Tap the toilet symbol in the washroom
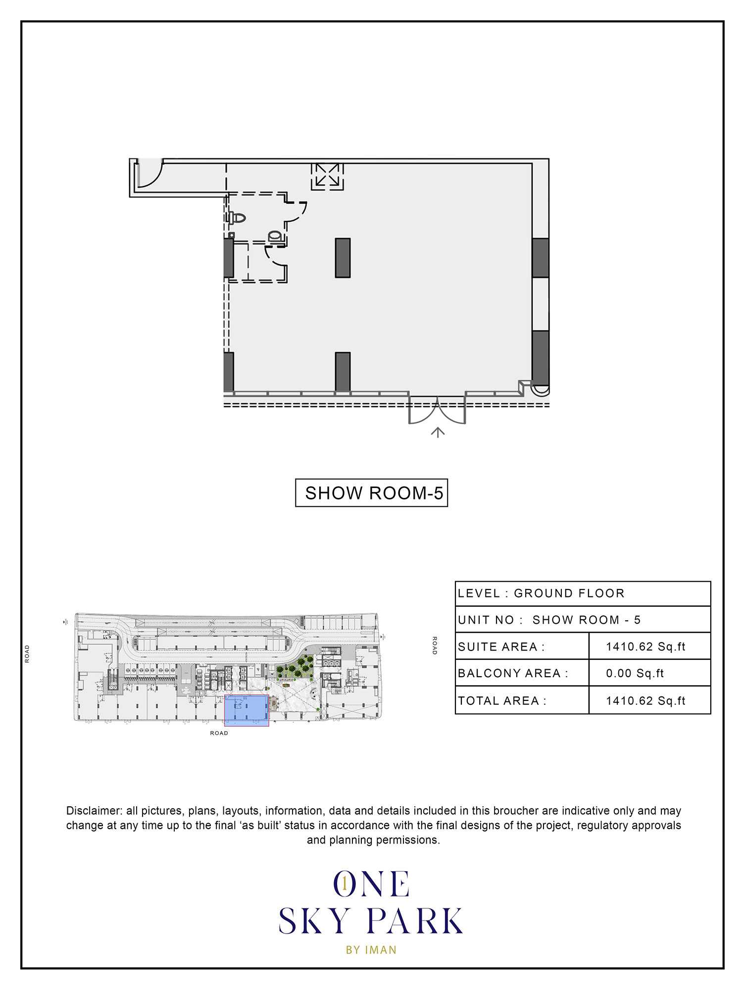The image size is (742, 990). (x=238, y=218)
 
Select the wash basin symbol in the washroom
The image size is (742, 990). (x=276, y=237)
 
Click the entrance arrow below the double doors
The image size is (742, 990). (x=438, y=432)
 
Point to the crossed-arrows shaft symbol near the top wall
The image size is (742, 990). (x=327, y=176)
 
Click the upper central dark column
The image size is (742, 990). (x=343, y=257)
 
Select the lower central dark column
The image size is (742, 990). (x=343, y=372)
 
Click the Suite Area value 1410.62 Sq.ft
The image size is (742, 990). (x=645, y=646)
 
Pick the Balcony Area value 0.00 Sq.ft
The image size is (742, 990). (x=635, y=673)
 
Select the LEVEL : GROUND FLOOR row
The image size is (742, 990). (x=583, y=594)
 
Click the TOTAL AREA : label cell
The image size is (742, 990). (x=522, y=700)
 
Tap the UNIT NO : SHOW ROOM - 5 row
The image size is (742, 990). (x=583, y=620)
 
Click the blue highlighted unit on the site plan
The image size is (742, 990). (x=247, y=710)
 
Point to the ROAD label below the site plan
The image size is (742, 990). (x=219, y=733)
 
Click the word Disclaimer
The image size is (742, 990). (x=94, y=811)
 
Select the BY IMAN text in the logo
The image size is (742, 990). (x=371, y=949)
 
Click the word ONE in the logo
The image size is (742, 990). (x=371, y=885)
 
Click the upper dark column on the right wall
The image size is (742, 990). (x=541, y=257)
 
